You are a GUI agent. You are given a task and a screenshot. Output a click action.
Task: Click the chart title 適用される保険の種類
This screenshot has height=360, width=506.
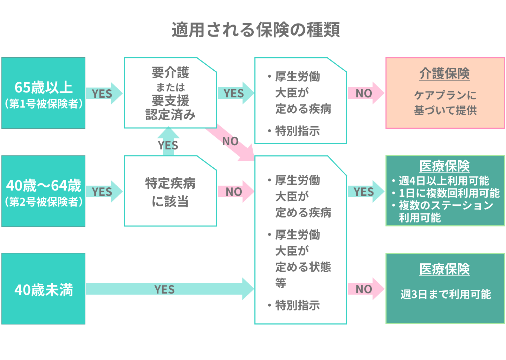point(255,30)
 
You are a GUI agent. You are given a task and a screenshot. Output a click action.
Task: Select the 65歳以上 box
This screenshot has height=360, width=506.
point(44,93)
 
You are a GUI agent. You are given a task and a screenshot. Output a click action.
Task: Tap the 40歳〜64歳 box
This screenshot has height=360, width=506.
point(44,191)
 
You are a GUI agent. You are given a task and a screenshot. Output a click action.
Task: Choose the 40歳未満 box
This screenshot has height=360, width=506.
point(44,289)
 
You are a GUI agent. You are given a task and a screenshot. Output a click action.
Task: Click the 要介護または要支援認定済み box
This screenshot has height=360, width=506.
point(170,93)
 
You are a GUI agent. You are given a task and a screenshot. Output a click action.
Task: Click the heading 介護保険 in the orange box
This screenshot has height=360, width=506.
point(445,74)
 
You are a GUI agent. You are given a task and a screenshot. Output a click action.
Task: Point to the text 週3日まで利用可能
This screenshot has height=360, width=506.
point(446,294)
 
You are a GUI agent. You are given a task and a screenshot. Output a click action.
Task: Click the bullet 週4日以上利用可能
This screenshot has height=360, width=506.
point(444,181)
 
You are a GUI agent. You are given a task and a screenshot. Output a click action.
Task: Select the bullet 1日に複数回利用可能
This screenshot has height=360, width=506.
point(449,193)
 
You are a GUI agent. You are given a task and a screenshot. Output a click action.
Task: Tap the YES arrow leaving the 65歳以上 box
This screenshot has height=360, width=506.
point(104,94)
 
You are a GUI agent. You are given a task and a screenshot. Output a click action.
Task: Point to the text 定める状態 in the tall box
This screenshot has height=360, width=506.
point(303,267)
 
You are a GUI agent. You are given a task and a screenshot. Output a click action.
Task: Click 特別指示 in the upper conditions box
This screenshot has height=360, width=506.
point(297,131)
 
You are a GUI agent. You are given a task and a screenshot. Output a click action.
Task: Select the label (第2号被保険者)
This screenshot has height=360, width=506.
point(44,202)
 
